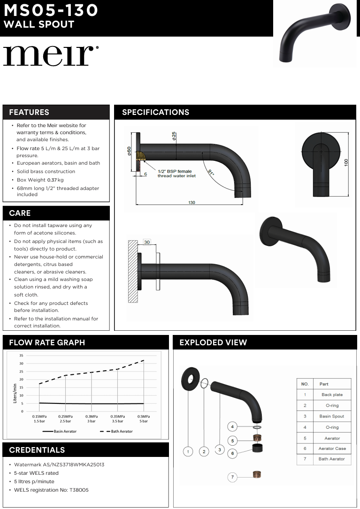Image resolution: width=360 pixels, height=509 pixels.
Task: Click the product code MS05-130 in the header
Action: [x=51, y=10]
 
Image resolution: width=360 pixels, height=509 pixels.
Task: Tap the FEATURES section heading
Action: [x=29, y=112]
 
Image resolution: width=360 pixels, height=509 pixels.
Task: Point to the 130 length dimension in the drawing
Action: [x=191, y=203]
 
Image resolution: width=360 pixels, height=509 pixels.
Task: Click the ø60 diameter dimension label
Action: [x=129, y=151]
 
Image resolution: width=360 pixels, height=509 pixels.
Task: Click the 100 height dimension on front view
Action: [x=346, y=162]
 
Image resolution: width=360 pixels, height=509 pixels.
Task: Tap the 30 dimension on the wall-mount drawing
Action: [x=147, y=243]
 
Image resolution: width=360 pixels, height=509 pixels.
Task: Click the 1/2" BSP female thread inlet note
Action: [x=176, y=174]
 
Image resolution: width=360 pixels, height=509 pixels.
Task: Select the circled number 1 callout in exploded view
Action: [x=188, y=451]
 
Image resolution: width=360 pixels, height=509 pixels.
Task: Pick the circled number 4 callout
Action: [x=232, y=427]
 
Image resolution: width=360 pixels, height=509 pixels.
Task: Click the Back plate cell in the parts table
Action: [x=332, y=395]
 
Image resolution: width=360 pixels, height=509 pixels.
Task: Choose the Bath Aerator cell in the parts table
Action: [x=332, y=459]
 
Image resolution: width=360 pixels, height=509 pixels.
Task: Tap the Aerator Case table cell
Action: [x=332, y=448]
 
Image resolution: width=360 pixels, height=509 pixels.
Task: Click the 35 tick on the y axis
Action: [x=21, y=356]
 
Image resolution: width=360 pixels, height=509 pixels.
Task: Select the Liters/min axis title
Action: [x=15, y=393]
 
